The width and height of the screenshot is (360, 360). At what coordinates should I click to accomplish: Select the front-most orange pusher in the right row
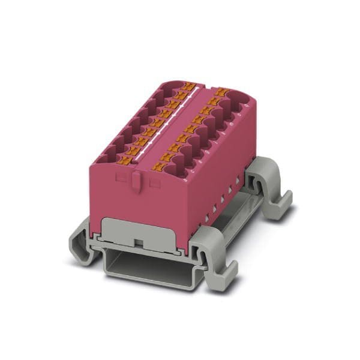point(161,164)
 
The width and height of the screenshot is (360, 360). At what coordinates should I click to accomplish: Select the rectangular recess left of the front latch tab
point(122,178)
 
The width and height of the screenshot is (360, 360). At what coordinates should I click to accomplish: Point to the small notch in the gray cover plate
point(138,244)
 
